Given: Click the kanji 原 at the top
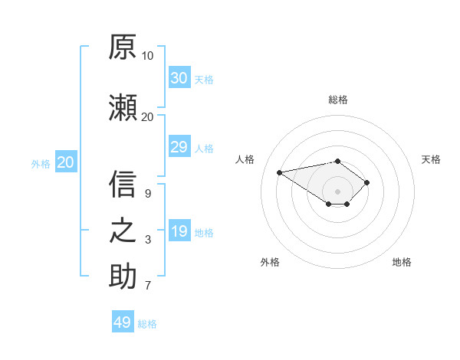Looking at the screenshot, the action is [x=123, y=47].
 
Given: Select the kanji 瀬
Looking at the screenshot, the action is [x=123, y=107].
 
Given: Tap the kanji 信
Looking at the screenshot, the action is [x=123, y=184].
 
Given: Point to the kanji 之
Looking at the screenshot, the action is [x=123, y=231].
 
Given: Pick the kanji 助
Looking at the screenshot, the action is [x=123, y=276].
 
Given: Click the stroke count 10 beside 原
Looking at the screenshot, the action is [x=147, y=56].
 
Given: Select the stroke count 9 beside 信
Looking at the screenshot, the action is [x=148, y=194].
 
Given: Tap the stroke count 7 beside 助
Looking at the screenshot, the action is [x=148, y=285].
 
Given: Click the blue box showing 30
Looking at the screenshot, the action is [x=179, y=77].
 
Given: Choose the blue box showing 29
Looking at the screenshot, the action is [x=179, y=146].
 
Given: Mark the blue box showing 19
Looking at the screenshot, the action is [x=179, y=230].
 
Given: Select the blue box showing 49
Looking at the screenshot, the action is [x=123, y=321].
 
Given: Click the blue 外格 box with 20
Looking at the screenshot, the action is [x=66, y=162].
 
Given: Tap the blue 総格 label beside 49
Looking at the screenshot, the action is [x=147, y=324].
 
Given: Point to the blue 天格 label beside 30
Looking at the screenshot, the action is [x=204, y=80].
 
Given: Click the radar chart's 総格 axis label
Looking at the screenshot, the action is [x=338, y=100].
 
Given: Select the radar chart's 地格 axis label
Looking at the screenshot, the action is [x=402, y=262].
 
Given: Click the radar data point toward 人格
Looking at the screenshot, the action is [x=279, y=172].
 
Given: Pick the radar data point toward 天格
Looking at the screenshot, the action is [x=366, y=182].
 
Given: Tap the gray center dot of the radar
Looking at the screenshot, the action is [x=337, y=191].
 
